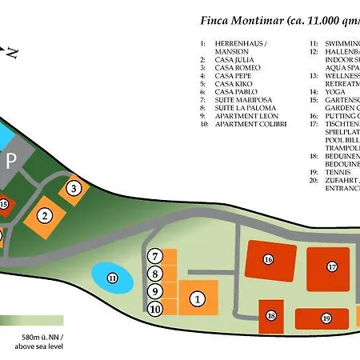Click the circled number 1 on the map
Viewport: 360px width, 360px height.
pyautogui.click(x=197, y=298)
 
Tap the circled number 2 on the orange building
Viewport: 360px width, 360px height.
pyautogui.click(x=46, y=215)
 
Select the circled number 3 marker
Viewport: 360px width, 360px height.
pyautogui.click(x=74, y=189)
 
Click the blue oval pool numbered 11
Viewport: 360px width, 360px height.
pyautogui.click(x=112, y=278)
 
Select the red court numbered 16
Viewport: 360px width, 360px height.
pyautogui.click(x=268, y=259)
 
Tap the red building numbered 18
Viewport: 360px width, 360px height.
pyautogui.click(x=271, y=316)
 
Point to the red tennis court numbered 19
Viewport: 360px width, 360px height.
pyautogui.click(x=326, y=318)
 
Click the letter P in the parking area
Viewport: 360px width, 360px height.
pyautogui.click(x=11, y=158)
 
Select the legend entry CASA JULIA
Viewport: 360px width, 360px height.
pyautogui.click(x=240, y=59)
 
